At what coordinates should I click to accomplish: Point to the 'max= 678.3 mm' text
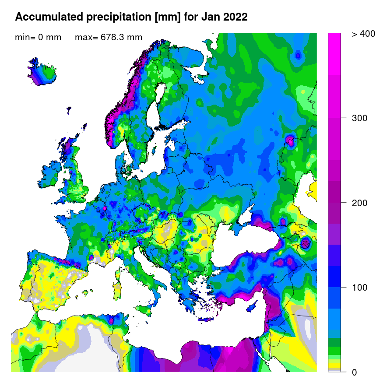109,38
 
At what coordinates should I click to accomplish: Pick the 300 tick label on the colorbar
360,118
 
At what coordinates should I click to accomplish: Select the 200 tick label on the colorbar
360,203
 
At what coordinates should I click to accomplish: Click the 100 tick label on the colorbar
360,288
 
